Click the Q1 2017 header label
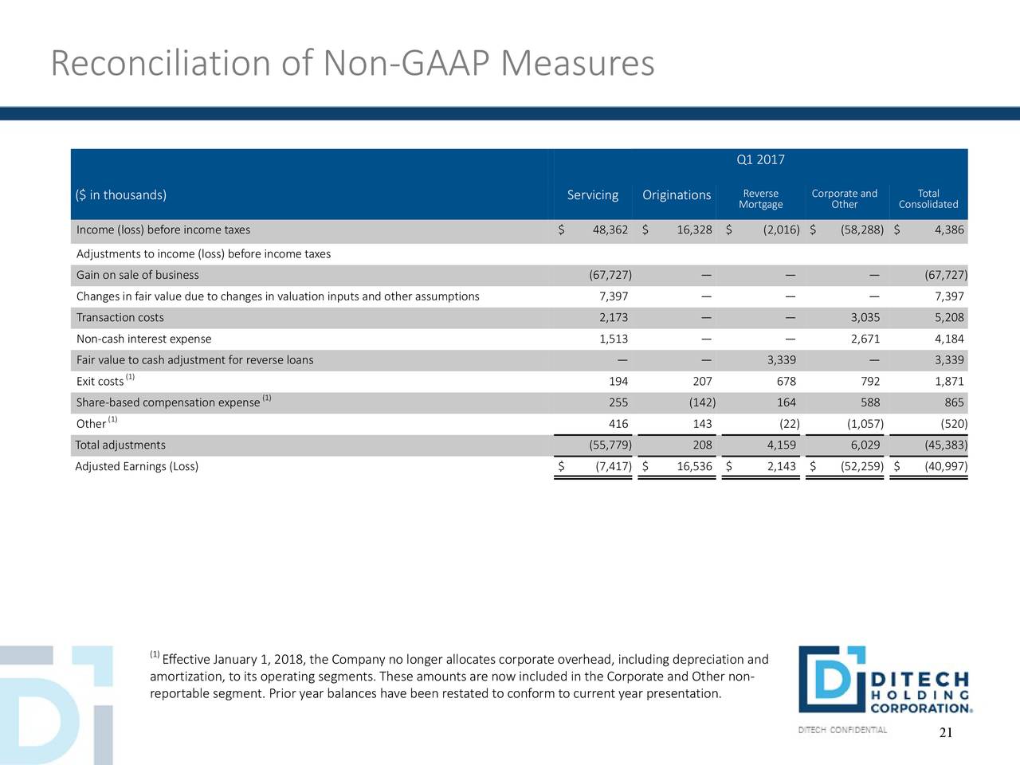760,160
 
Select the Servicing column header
593,195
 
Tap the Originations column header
677,195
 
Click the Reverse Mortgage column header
761,198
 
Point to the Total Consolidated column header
928,198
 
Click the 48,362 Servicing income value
610,230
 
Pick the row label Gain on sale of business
138,275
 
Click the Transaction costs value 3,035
865,318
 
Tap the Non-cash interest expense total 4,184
949,339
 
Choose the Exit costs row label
100,382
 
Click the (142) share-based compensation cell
702,402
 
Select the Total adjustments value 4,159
782,445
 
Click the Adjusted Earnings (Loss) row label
136,466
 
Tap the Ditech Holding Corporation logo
885,679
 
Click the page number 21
946,732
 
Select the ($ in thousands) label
121,195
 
